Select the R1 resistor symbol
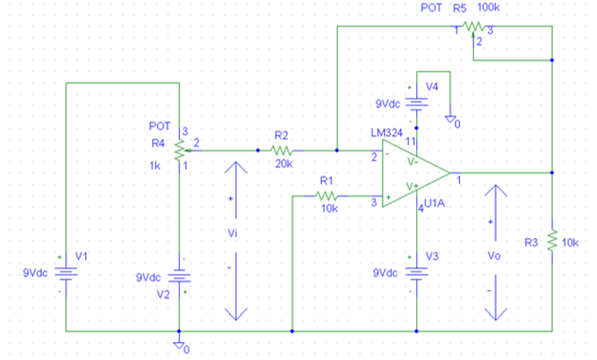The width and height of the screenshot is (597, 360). tap(326, 196)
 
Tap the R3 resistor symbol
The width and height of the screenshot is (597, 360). tap(552, 239)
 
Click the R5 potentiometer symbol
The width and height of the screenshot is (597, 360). tap(473, 27)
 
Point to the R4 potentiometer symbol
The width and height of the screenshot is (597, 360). tap(180, 150)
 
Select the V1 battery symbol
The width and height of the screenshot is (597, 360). tap(66, 273)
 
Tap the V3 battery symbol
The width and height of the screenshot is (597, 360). tap(416, 273)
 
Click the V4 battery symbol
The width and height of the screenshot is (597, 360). tap(416, 104)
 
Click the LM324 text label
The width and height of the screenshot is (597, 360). tap(386, 133)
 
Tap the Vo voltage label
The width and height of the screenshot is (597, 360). tap(494, 256)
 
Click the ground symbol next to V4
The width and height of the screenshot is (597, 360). tap(450, 119)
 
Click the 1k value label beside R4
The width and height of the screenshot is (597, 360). tap(154, 165)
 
